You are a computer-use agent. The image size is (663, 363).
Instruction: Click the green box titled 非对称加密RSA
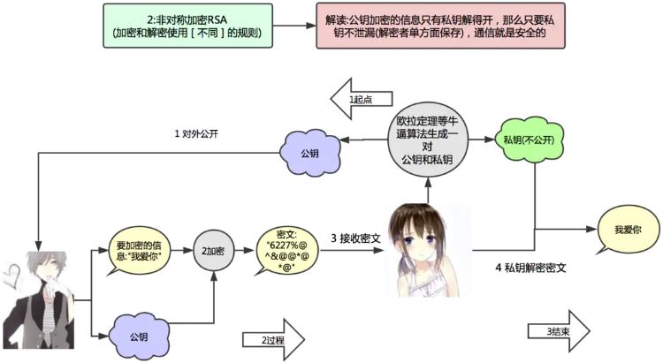(x=187, y=25)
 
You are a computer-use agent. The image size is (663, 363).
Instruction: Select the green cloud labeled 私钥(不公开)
(x=523, y=141)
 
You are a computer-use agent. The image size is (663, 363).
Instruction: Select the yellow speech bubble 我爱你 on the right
(x=627, y=229)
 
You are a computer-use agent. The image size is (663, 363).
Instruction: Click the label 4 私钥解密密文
(x=530, y=267)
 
